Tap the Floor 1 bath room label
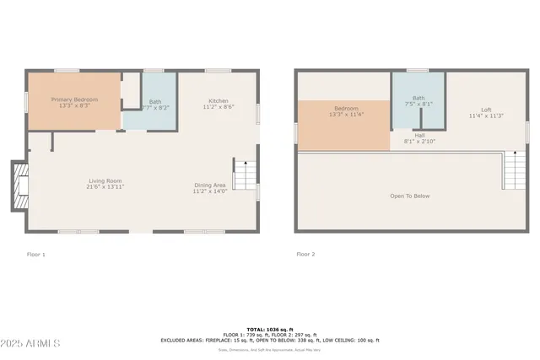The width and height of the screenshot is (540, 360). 154,101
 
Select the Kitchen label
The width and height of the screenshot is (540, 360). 218,100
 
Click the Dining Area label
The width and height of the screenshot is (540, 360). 209,185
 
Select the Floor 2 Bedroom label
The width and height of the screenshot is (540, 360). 346,109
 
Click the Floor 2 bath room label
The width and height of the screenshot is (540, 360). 418,98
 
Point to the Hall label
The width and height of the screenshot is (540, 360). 419,134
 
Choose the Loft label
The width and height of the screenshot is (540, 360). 486,110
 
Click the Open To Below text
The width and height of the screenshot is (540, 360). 409,196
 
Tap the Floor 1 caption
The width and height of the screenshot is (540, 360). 36,254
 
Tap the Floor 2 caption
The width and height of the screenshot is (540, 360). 305,254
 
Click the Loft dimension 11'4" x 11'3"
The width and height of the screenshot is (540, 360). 486,116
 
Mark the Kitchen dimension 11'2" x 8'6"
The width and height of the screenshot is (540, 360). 218,107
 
